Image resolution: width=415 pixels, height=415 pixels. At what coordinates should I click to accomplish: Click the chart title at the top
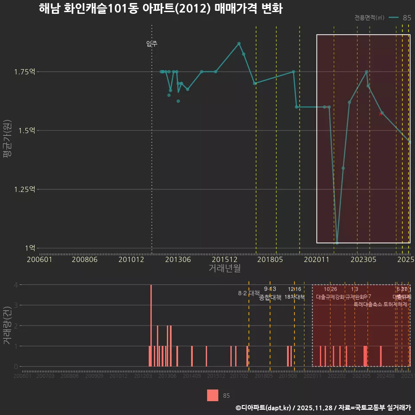(x=160, y=9)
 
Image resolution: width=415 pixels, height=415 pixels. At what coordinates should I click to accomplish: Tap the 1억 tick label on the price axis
(x=30, y=248)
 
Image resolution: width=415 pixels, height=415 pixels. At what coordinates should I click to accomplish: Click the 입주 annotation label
(x=152, y=44)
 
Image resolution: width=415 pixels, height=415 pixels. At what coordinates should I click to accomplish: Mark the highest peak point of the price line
(x=239, y=43)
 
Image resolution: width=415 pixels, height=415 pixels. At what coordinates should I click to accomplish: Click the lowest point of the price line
(x=337, y=243)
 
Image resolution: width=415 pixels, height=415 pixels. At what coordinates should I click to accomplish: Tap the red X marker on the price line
(x=380, y=114)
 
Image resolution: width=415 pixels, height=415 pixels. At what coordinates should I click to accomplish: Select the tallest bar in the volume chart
(x=151, y=326)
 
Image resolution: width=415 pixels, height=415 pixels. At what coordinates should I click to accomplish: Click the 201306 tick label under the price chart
(x=178, y=260)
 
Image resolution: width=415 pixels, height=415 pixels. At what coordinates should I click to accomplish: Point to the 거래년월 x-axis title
(x=224, y=268)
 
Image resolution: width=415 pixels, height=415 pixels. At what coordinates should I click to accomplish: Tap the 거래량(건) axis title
(x=7, y=326)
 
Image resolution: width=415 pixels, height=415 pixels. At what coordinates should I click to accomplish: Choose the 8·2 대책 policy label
(x=249, y=293)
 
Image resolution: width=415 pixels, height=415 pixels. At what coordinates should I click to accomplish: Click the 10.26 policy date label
(x=330, y=289)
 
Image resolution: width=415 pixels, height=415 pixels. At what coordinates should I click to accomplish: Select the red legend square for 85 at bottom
(x=213, y=395)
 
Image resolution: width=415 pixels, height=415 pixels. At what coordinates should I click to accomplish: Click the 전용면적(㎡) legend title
(x=369, y=18)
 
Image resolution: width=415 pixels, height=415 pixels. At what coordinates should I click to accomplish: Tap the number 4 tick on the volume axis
(x=16, y=285)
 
